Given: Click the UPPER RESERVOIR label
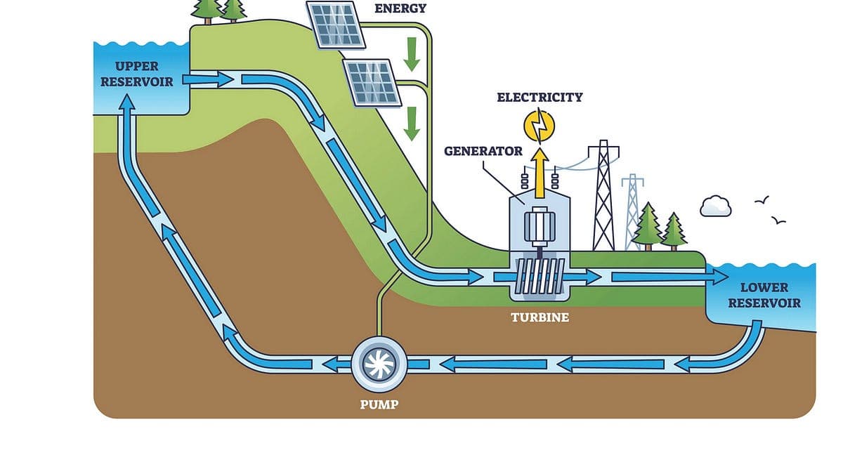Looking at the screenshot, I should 136,74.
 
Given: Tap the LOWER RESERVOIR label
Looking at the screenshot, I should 764,295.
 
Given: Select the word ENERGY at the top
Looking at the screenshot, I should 400,8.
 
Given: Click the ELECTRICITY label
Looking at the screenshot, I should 540,97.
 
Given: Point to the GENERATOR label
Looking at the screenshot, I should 483,151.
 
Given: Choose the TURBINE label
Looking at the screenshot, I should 540,317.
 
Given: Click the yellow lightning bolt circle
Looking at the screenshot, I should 540,125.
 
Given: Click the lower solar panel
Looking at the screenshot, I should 372,82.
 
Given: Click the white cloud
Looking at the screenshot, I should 716,206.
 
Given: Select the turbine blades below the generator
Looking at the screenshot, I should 540,277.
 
